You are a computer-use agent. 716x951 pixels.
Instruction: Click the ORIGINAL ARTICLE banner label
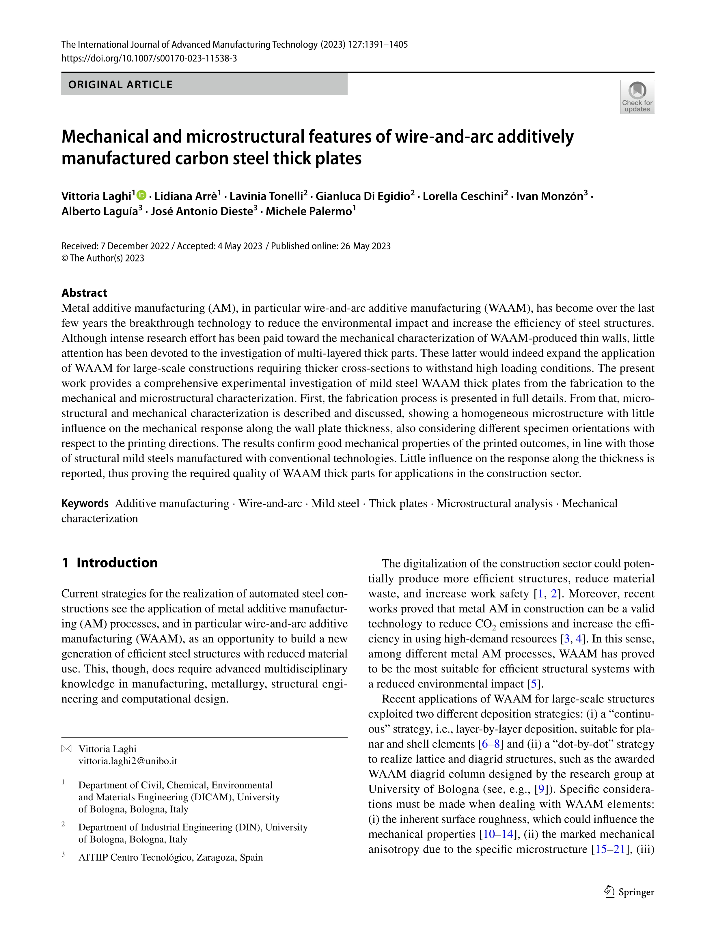120,85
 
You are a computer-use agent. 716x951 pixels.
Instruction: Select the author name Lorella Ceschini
463,197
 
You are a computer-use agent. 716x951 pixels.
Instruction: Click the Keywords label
85,503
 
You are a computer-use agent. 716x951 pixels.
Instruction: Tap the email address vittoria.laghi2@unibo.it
128,761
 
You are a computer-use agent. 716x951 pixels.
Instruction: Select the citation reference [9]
541,789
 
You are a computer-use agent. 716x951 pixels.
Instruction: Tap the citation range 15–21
609,849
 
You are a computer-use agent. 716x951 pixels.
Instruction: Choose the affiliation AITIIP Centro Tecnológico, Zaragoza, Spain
170,857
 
